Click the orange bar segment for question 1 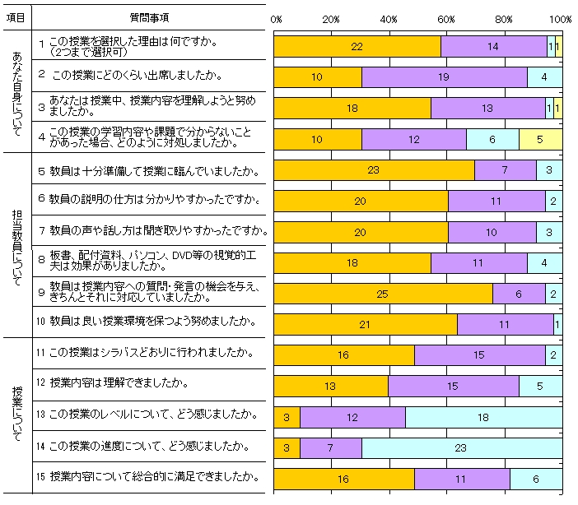point(357,47)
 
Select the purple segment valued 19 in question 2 point(444,77)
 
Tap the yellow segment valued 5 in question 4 point(540,140)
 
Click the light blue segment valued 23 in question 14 point(461,447)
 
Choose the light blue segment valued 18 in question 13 point(483,417)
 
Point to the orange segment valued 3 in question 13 point(287,417)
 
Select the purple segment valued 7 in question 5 point(505,170)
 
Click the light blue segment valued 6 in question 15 point(535,478)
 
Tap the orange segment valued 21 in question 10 point(365,324)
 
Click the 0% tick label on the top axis point(277,18)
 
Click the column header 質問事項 point(150,17)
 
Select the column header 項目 point(16,17)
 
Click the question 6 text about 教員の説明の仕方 point(149,198)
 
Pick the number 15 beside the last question point(40,476)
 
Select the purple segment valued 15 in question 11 point(479,355)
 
